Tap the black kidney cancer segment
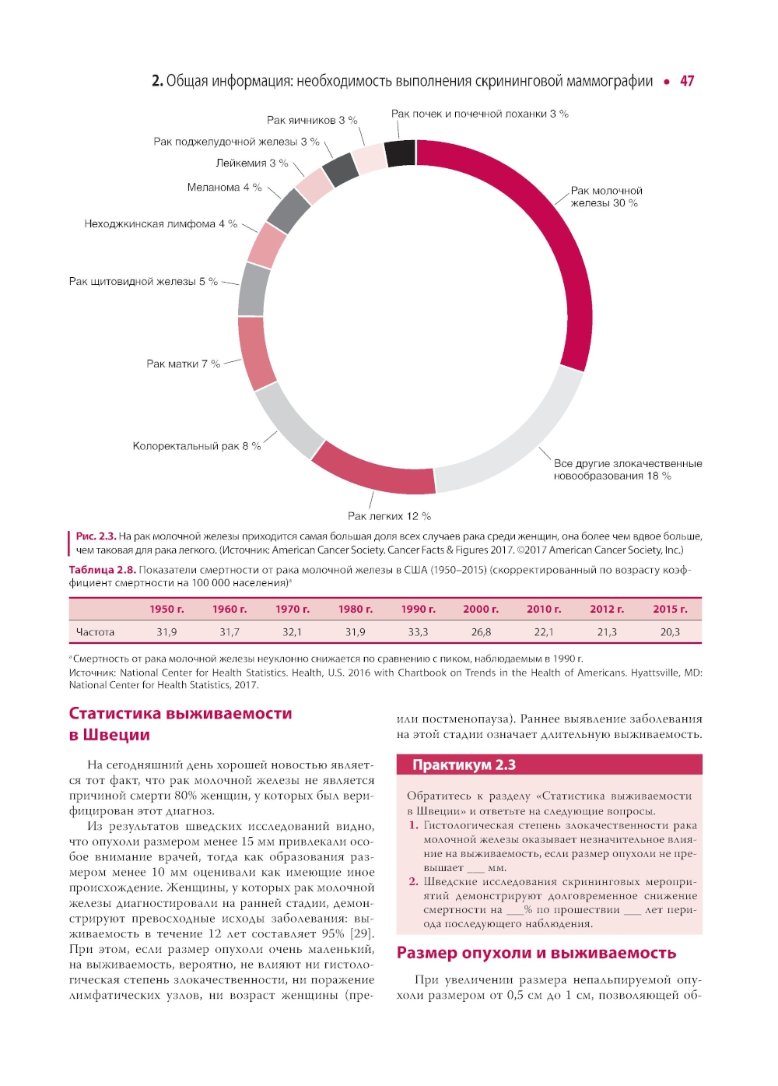click(x=400, y=153)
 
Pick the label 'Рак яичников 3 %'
click(x=312, y=120)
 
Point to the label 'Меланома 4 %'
click(x=224, y=187)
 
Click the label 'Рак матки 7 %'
click(x=183, y=364)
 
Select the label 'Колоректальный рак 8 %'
click(x=197, y=446)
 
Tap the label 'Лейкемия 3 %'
click(x=251, y=163)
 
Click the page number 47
click(x=687, y=81)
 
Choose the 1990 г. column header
click(x=418, y=609)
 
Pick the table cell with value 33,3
click(x=418, y=632)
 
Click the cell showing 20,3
click(x=670, y=632)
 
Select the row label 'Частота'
click(x=95, y=632)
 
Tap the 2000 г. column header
click(x=481, y=609)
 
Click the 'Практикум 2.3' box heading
click(x=464, y=764)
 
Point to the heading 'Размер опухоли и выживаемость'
click(x=536, y=953)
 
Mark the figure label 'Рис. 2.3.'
click(x=96, y=536)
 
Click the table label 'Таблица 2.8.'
click(x=102, y=570)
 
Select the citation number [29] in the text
click(x=361, y=933)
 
